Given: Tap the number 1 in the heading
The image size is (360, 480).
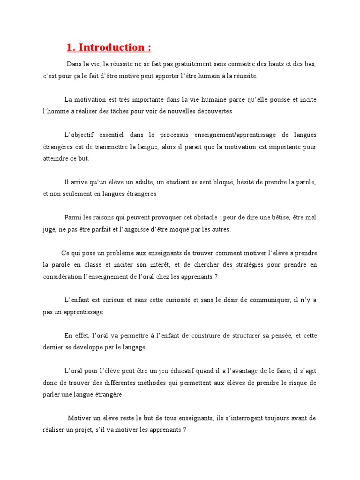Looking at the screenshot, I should (x=69, y=47).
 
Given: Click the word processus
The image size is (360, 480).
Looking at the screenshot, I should (x=169, y=135).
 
